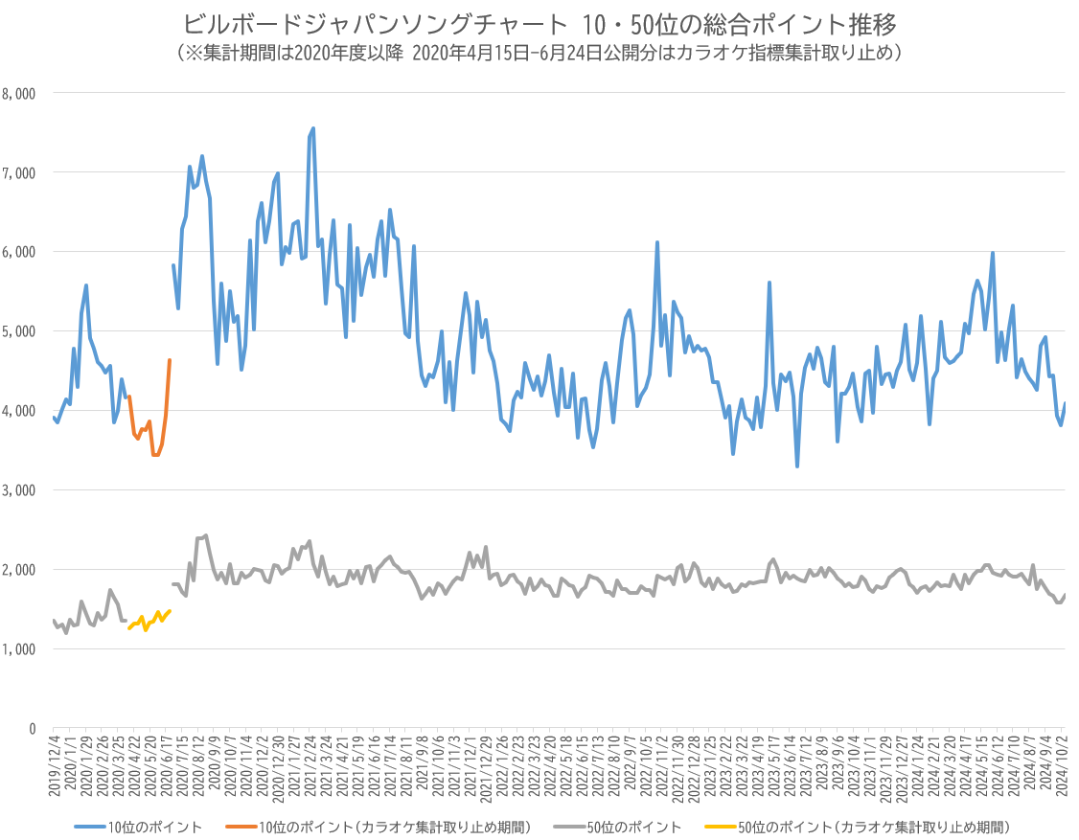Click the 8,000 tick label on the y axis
click(20, 94)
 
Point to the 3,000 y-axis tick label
click(20, 490)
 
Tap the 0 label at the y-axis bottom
click(32, 729)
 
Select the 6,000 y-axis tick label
click(20, 252)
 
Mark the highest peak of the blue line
click(313, 128)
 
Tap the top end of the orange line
click(170, 360)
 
